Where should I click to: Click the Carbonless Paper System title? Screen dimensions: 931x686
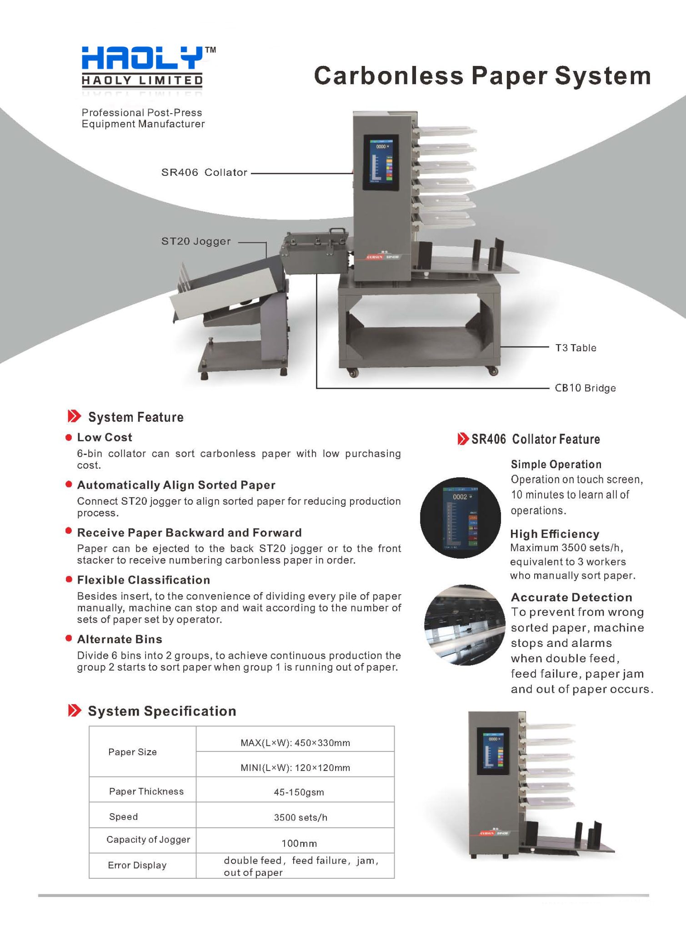point(482,76)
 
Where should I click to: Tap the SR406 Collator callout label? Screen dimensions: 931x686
point(204,173)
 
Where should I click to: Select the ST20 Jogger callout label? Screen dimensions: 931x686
point(196,241)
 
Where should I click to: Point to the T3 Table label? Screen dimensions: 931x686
point(576,348)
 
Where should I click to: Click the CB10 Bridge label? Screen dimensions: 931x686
point(585,388)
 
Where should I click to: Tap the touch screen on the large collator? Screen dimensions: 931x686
point(381,162)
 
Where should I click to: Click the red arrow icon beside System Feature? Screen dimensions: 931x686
point(74,416)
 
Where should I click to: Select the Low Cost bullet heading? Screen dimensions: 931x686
point(105,437)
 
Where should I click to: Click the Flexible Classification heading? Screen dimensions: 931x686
point(143,580)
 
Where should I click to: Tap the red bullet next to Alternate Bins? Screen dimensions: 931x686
point(69,639)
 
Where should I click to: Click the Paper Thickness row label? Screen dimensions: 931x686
point(146,791)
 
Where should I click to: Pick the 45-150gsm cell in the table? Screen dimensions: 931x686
point(299,792)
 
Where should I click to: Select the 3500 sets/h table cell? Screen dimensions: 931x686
point(300,817)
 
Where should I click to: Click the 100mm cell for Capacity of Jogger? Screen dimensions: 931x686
point(299,844)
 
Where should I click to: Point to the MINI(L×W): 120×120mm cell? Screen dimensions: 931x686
point(295,768)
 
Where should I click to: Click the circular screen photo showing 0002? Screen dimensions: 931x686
point(460,518)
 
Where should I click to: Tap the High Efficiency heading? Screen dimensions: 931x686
point(554,534)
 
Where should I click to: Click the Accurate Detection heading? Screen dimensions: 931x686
point(571,597)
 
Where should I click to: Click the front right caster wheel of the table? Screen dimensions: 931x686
point(494,371)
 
